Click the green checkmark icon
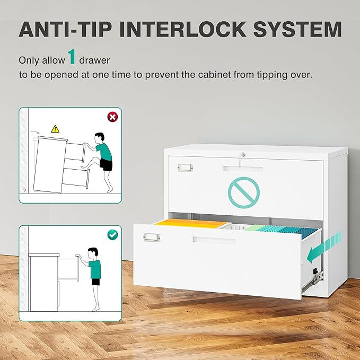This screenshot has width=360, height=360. point(112,234)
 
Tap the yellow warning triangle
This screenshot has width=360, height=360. point(55,129)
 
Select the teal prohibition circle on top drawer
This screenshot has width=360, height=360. point(244,192)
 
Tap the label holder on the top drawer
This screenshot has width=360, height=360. point(185,168)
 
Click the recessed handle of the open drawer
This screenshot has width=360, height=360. point(214,241)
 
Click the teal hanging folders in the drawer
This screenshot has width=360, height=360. point(281,230)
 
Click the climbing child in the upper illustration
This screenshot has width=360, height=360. point(103,159)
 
